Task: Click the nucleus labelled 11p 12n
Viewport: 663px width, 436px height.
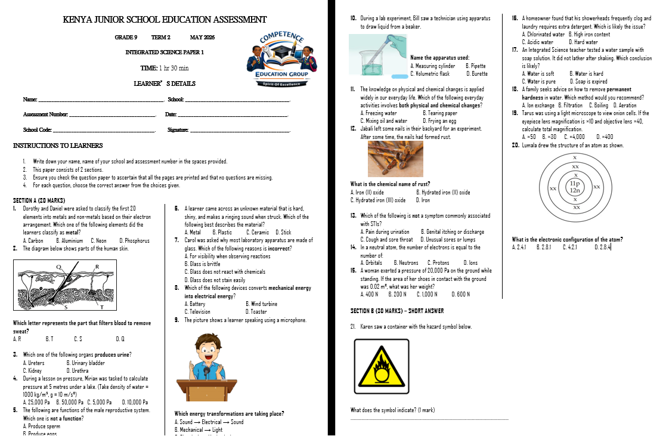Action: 575,187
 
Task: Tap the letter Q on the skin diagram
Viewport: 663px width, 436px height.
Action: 58,267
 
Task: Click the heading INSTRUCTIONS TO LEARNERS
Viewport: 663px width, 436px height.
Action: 58,146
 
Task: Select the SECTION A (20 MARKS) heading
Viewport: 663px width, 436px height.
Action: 39,200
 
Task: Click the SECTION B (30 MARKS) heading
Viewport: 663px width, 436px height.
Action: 397,311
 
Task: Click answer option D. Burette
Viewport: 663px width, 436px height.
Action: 476,73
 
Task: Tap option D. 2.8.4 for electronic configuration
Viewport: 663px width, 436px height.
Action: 602,247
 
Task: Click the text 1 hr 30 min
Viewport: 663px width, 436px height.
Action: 174,68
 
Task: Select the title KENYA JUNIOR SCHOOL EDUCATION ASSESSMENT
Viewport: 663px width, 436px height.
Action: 165,20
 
